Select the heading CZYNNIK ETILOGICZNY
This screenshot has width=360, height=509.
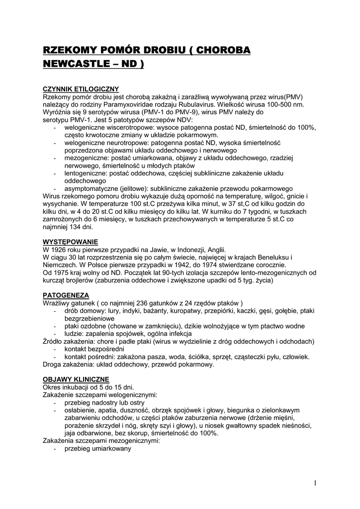pyautogui.click(x=80, y=88)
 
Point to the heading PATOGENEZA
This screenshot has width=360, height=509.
pyautogui.click(x=66, y=295)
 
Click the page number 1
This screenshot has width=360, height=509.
pyautogui.click(x=315, y=483)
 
